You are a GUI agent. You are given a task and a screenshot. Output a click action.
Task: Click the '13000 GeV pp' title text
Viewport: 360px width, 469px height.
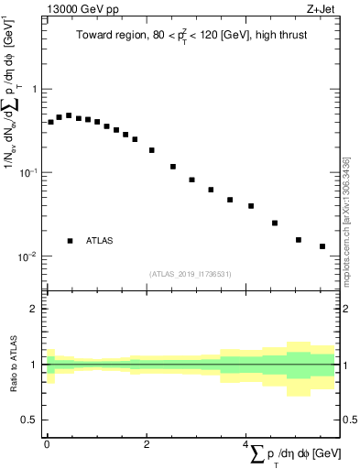[x=74, y=8]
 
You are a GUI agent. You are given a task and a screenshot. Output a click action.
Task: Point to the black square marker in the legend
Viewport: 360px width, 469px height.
[x=70, y=241]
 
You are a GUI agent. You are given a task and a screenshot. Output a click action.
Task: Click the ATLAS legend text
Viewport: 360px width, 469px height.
[x=100, y=241]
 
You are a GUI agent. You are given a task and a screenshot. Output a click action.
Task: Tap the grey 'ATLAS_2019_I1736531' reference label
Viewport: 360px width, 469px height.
[x=191, y=274]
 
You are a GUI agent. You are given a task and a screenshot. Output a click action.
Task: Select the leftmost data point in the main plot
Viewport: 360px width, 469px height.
[x=50, y=121]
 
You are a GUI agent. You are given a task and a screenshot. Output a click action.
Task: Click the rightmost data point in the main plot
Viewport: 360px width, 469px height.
[x=322, y=246]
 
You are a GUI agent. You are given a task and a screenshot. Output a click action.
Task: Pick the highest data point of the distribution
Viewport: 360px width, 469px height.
[x=69, y=115]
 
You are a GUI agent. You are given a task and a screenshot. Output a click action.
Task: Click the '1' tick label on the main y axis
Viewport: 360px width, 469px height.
[x=34, y=89]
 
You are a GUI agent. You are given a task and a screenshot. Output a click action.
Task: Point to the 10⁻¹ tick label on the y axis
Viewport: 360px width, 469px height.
[x=29, y=172]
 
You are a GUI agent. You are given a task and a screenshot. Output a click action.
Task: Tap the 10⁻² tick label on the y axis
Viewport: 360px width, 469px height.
[x=29, y=256]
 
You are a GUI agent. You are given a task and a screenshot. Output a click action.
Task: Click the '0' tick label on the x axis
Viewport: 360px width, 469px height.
[x=47, y=443]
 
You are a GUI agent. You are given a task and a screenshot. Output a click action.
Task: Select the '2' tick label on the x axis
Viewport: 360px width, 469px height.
[x=146, y=443]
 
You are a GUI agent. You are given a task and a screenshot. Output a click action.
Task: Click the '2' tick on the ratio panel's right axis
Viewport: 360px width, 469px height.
[x=346, y=309]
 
